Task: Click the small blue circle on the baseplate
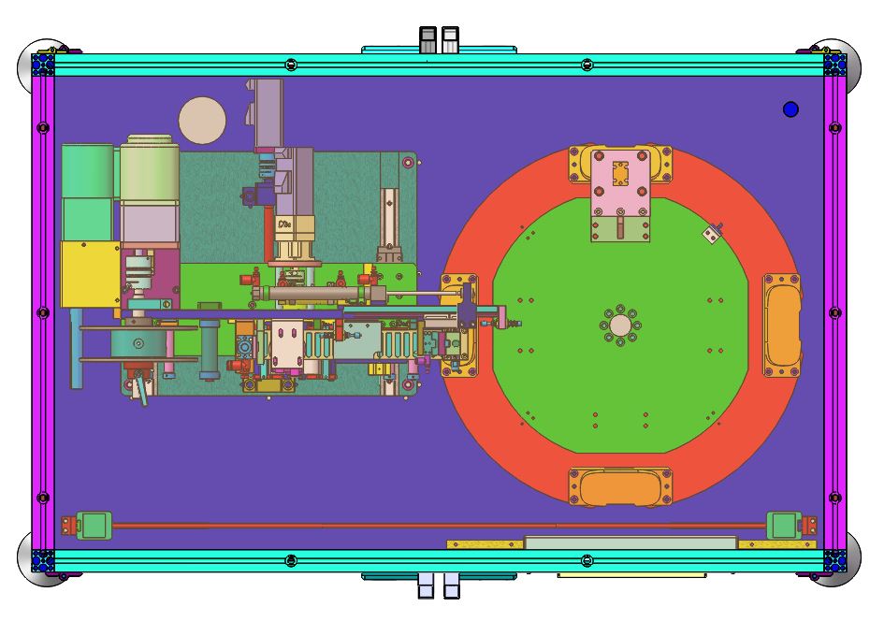pos(790,109)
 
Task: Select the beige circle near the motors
pos(202,120)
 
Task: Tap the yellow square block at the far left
pos(90,273)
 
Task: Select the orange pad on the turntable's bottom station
pos(620,487)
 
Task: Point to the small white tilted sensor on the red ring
pos(713,234)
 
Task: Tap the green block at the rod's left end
pos(94,525)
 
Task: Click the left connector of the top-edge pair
pos(428,39)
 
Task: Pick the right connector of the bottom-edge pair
pos(451,586)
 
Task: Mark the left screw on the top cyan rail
pos(291,65)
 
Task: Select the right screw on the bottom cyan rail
pos(587,560)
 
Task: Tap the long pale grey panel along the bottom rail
pos(630,542)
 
